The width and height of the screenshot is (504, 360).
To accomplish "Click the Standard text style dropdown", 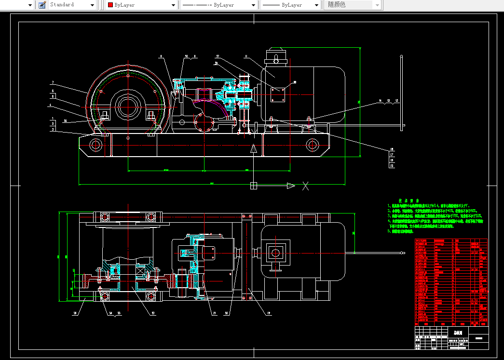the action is click(72, 5).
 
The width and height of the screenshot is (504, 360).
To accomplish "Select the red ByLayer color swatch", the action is click(110, 5).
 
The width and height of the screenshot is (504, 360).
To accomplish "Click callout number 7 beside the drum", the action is click(53, 82).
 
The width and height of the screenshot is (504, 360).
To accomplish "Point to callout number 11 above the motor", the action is click(245, 56).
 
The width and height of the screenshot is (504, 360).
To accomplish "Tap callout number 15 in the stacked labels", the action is click(392, 166).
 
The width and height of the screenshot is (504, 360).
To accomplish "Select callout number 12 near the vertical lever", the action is click(396, 101).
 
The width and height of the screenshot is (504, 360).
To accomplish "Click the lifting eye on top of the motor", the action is click(276, 60).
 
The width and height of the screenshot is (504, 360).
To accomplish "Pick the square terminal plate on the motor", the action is click(278, 94).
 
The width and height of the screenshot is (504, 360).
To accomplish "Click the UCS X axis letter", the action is click(305, 186).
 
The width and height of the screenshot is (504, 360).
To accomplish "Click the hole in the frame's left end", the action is click(95, 144).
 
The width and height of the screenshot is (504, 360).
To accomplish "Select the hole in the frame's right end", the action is click(312, 144).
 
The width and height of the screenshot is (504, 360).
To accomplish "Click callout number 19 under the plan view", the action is click(268, 313).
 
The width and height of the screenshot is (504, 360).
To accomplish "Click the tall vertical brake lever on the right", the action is click(402, 92).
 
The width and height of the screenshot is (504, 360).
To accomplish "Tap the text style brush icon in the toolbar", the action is click(42, 5).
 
